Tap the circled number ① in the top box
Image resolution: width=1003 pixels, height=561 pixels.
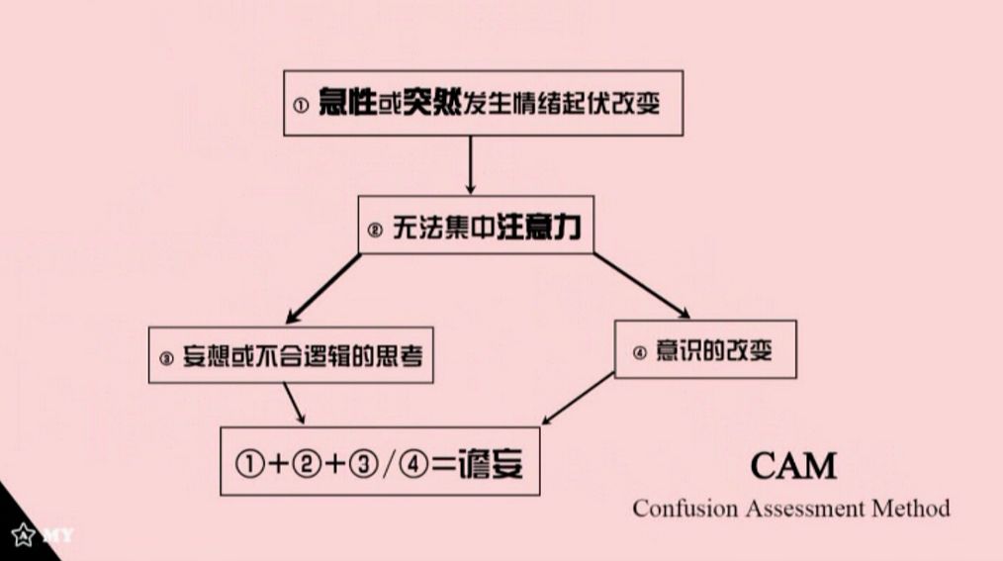(x=302, y=105)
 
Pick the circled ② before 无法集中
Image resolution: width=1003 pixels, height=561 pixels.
(x=375, y=231)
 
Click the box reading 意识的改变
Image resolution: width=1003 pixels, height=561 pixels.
(x=705, y=349)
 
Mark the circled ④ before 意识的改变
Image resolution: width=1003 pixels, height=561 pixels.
(x=638, y=351)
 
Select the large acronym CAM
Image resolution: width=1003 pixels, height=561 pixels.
(x=792, y=465)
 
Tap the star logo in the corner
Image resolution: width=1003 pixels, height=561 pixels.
(x=21, y=535)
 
